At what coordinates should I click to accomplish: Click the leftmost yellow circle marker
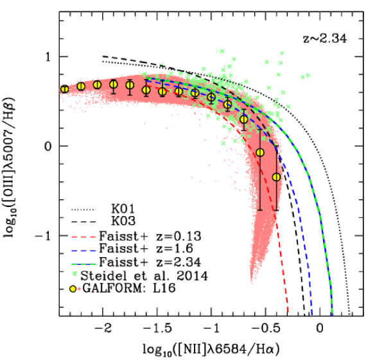(x=64, y=89)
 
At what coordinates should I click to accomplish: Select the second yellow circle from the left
(x=81, y=86)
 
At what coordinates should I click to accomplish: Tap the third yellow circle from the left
(x=97, y=84)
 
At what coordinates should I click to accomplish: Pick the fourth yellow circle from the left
(x=114, y=84)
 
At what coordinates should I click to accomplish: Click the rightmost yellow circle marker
(x=276, y=177)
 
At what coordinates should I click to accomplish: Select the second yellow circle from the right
(x=260, y=152)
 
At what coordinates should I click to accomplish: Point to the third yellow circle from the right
(x=243, y=119)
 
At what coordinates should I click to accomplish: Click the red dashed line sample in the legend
(x=83, y=237)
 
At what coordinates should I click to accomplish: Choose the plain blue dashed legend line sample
(x=83, y=251)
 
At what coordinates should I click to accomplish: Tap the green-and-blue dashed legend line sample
(x=83, y=264)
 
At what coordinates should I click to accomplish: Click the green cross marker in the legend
(x=74, y=274)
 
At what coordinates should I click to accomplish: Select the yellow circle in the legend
(x=73, y=289)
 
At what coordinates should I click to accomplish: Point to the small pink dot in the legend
(x=79, y=289)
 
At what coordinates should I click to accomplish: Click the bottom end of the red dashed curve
(x=288, y=312)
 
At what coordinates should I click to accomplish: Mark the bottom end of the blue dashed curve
(x=312, y=314)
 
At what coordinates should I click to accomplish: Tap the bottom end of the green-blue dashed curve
(x=333, y=314)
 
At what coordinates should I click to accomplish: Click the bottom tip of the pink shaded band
(x=252, y=283)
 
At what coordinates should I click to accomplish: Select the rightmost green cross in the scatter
(x=308, y=75)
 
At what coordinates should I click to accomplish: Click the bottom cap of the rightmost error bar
(x=276, y=210)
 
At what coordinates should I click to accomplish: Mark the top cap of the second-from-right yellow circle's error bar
(x=260, y=129)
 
